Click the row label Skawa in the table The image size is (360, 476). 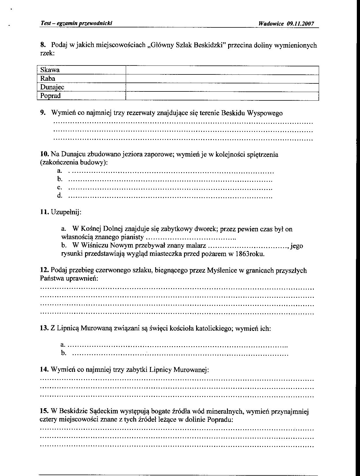click(x=50, y=70)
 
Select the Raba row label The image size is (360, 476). click(x=48, y=79)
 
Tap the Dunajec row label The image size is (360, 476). click(x=52, y=87)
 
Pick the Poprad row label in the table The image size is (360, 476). click(x=50, y=96)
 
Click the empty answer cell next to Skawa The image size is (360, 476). click(x=222, y=70)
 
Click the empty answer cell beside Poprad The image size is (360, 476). click(x=222, y=96)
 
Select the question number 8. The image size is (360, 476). click(x=43, y=45)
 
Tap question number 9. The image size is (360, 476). click(x=43, y=113)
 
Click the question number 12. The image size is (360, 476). click(x=44, y=271)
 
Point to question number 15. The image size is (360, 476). click(x=44, y=411)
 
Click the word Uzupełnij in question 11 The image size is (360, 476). click(x=66, y=212)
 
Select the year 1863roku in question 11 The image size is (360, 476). click(x=250, y=254)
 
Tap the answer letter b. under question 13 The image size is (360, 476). click(x=63, y=353)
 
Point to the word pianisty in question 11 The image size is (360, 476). click(x=133, y=237)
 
